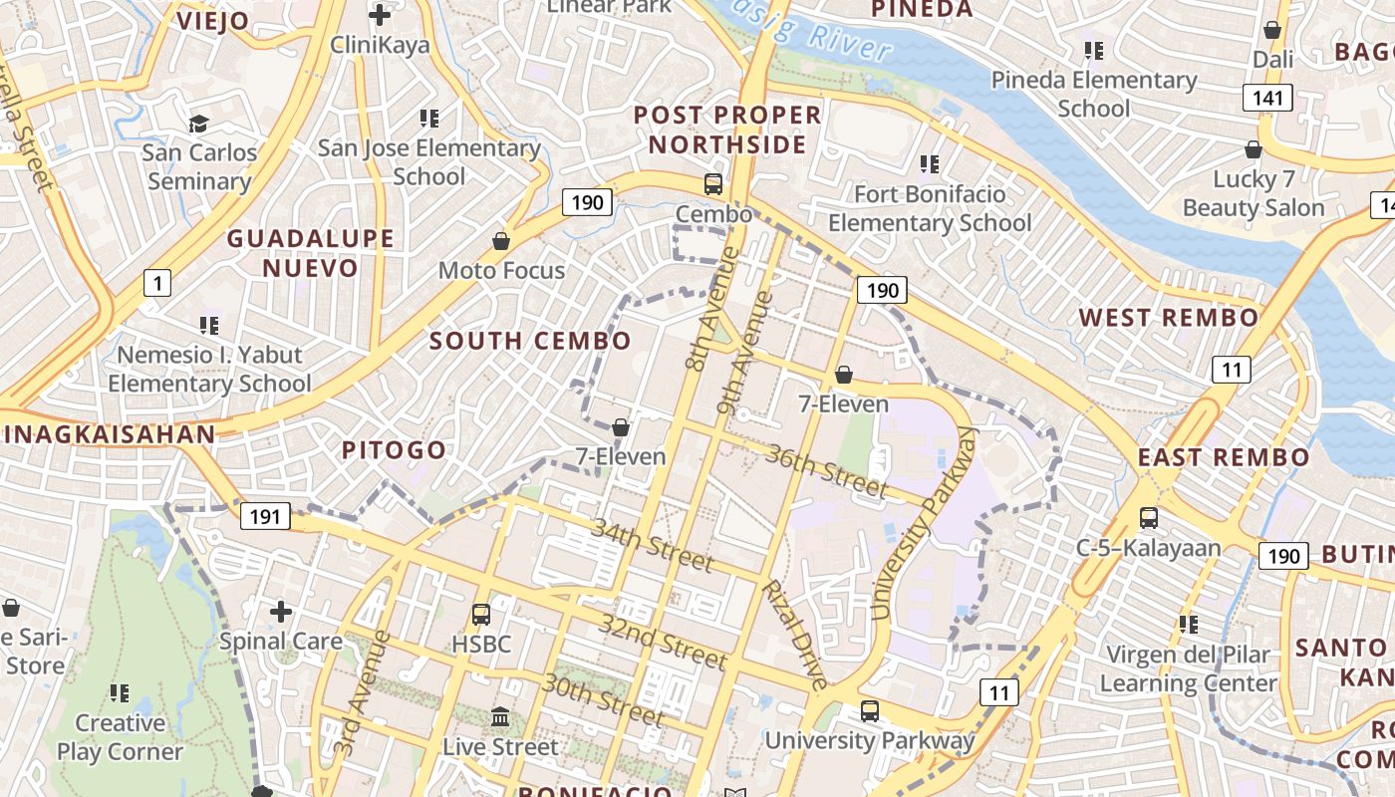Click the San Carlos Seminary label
(199, 166)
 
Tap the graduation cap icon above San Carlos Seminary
(199, 124)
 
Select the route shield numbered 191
(265, 516)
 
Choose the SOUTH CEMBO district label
(530, 341)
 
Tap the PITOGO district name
(395, 450)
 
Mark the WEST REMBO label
(1169, 319)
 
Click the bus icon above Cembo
(713, 183)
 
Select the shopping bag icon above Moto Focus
(501, 241)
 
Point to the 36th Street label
(825, 470)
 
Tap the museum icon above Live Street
(500, 717)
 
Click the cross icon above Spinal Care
(281, 611)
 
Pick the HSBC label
(481, 645)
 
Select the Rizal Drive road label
(794, 636)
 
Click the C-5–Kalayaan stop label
(1149, 548)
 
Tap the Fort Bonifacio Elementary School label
(930, 208)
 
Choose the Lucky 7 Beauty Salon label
(1254, 193)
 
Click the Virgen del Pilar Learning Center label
(1188, 668)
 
